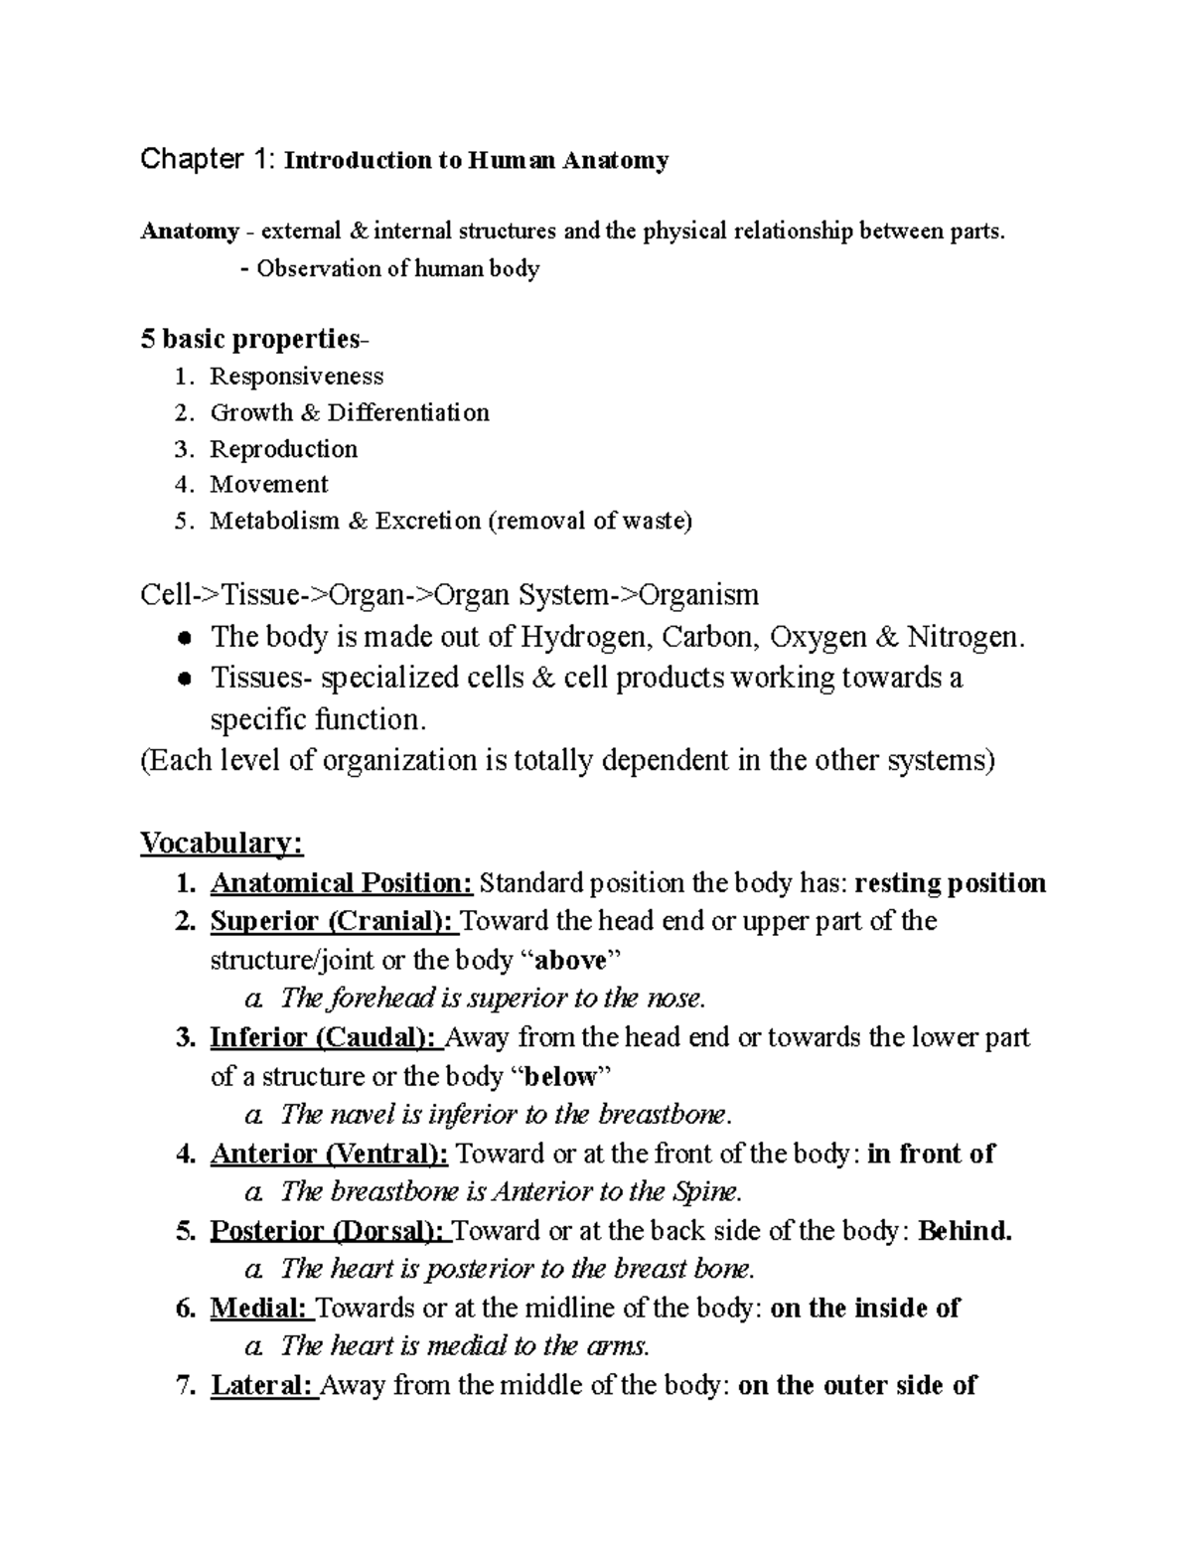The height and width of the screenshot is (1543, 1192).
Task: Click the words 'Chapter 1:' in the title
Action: click(x=209, y=159)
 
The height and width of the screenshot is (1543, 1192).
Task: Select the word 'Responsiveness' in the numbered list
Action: click(x=296, y=377)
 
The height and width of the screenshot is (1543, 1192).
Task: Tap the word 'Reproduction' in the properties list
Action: click(x=283, y=449)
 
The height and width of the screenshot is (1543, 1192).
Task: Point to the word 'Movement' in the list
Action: click(x=268, y=485)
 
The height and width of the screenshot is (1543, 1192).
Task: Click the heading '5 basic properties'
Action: click(x=250, y=340)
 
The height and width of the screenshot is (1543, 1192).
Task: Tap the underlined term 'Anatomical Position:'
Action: click(x=341, y=883)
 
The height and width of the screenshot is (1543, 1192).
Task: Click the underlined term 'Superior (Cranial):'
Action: click(x=333, y=921)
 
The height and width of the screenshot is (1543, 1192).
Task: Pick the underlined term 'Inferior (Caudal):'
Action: click(x=324, y=1037)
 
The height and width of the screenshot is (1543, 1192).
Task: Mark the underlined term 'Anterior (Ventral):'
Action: click(x=329, y=1154)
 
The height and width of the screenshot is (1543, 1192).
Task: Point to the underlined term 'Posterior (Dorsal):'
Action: click(x=330, y=1231)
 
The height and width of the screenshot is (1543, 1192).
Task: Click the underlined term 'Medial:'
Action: click(x=259, y=1308)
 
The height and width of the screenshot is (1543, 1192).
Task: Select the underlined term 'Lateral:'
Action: click(x=263, y=1385)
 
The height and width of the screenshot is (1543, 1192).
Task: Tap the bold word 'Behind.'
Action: click(x=965, y=1231)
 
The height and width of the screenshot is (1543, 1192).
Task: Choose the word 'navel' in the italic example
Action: click(x=354, y=1114)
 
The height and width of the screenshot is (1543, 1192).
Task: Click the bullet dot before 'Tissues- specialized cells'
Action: click(x=184, y=679)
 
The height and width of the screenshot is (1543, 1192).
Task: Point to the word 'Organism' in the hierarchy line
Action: click(x=698, y=595)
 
